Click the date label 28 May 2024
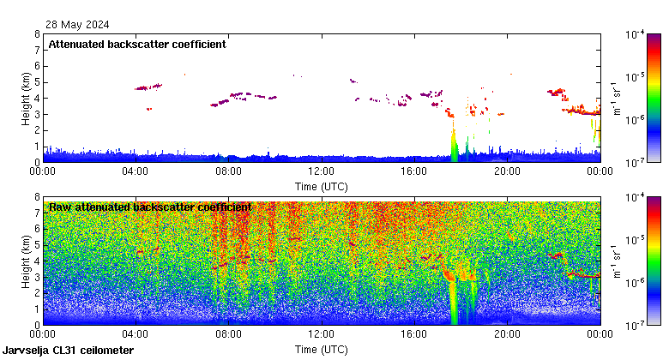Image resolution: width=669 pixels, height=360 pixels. tap(78, 24)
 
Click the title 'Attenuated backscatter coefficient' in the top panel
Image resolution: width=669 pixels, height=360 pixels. tap(137, 45)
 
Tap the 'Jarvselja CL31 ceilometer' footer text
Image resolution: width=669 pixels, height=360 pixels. tap(68, 351)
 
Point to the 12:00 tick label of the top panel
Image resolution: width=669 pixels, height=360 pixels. tap(321, 171)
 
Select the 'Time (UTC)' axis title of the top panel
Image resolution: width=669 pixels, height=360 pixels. tap(321, 186)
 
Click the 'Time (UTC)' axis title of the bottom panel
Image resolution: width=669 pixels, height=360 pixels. tap(321, 350)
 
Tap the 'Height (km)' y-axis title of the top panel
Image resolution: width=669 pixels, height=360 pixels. tap(27, 98)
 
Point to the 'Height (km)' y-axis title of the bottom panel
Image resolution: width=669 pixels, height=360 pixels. tap(27, 261)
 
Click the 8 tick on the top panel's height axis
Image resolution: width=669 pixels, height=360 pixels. tap(36, 34)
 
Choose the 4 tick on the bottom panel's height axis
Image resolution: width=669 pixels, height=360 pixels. tap(36, 261)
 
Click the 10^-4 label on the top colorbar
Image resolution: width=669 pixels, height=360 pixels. tap(636, 35)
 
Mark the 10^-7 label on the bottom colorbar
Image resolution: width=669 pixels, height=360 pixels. tap(636, 326)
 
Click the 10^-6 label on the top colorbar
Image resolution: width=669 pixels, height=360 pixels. tap(636, 119)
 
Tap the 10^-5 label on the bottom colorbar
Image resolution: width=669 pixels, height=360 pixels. tap(636, 241)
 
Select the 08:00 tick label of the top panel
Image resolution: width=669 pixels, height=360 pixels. tap(228, 171)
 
